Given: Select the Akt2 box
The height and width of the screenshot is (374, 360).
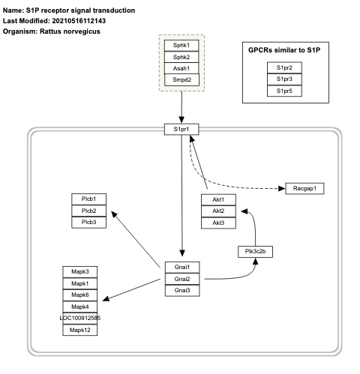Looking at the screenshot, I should tap(218, 211).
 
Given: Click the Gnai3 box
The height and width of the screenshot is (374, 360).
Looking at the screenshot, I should tap(182, 289).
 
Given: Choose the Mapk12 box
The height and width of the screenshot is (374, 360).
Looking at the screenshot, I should tap(79, 330).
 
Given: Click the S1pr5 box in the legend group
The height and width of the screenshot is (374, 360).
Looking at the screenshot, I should tap(283, 90).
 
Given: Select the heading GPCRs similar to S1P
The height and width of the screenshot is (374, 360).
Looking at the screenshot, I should tap(283, 49).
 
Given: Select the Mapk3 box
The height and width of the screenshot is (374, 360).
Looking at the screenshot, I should tap(79, 271).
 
